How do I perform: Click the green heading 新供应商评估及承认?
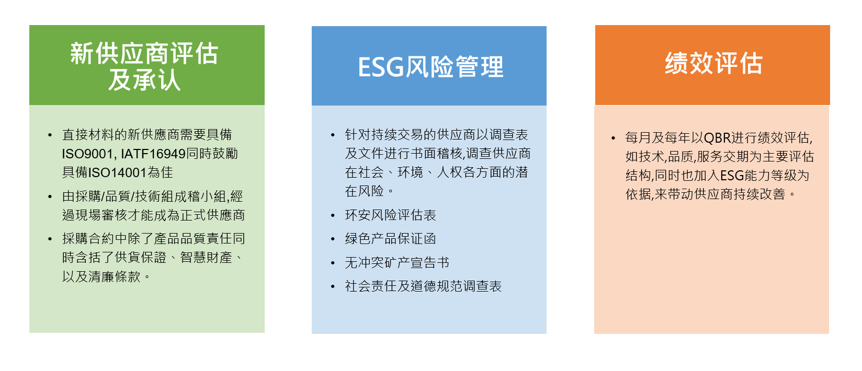pos(144,66)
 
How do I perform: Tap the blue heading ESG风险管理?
pos(430,67)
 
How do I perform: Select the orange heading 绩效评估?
pos(713,63)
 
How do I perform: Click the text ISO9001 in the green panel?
pos(87,154)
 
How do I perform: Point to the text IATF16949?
pos(153,154)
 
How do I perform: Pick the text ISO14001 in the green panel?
pos(118,172)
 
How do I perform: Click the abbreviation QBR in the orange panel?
pos(717,137)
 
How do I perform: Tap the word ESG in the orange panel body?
pos(732,176)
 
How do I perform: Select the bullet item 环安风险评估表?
pos(390,215)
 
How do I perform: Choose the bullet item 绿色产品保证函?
pos(390,239)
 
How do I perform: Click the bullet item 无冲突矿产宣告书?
pos(397,263)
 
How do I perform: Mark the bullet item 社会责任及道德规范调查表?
pos(423,286)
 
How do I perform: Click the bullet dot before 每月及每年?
pos(613,138)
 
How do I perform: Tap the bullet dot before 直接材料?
pos(50,135)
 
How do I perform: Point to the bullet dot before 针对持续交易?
pos(333,135)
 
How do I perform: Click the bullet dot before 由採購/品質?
pos(50,197)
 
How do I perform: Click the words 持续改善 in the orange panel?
pos(759,194)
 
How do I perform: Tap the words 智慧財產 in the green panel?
pos(206,258)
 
